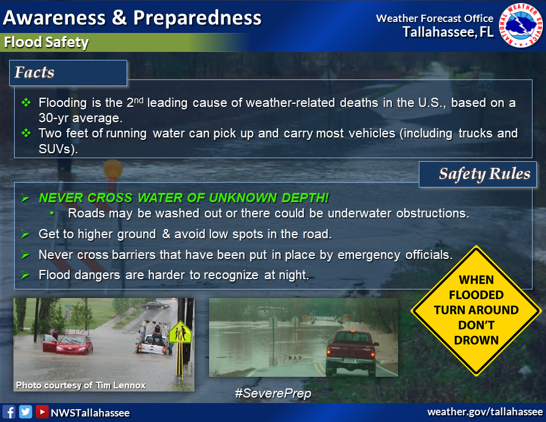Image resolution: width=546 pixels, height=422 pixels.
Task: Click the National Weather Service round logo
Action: coord(521,25)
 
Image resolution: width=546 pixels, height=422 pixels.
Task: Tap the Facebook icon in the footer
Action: coord(9,412)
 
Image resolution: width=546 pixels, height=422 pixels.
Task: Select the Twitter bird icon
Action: coord(26,412)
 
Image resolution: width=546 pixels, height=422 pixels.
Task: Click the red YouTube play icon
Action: coord(42,412)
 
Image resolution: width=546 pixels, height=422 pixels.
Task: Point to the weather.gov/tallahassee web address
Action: coord(485,412)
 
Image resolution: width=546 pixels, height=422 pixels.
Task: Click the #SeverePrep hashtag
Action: coord(273,393)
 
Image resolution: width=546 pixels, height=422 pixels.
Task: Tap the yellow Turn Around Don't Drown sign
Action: coord(476,311)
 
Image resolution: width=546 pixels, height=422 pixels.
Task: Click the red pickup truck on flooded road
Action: coord(352,351)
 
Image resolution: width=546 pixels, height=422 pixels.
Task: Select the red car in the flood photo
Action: coord(68,344)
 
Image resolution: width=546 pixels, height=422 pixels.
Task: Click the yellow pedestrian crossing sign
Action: coord(180,332)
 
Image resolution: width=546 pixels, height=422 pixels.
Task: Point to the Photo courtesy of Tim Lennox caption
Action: coord(81,385)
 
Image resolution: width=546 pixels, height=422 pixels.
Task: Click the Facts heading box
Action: coord(68,73)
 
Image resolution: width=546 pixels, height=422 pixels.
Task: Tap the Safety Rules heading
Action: coord(484,173)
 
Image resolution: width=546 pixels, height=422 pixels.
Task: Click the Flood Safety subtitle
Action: coord(46,42)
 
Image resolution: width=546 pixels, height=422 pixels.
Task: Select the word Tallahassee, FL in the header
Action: coord(448,32)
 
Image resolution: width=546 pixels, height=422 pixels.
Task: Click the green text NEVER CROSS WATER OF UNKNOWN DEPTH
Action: coord(184,198)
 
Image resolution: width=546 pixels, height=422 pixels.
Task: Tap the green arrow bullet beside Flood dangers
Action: coord(25,275)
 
